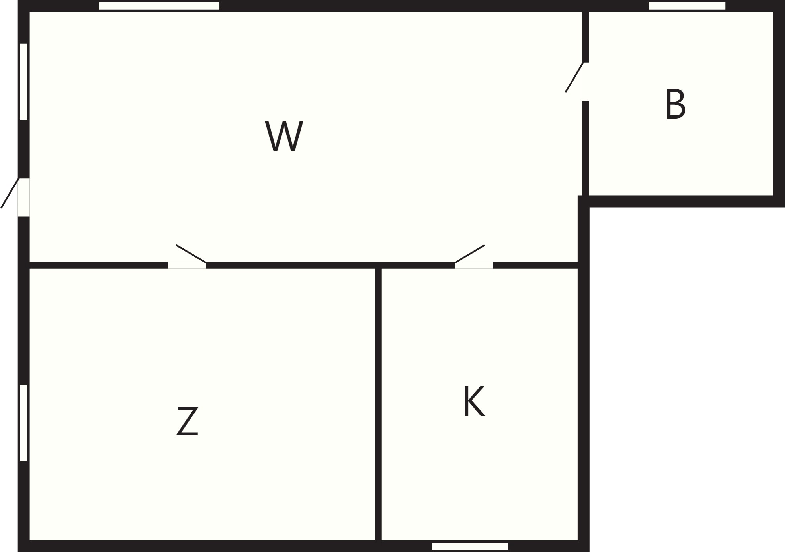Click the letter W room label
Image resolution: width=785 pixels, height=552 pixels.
click(284, 136)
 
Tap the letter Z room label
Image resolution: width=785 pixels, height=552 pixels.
click(187, 421)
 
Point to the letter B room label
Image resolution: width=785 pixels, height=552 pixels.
click(676, 104)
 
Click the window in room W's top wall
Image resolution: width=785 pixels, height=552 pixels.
click(159, 6)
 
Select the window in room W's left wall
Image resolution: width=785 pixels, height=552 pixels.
click(24, 81)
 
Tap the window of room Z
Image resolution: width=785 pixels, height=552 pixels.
click(24, 423)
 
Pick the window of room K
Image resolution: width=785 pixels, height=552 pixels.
click(470, 546)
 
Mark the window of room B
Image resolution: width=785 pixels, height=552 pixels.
click(687, 6)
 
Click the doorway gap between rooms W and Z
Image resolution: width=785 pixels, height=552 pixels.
click(187, 265)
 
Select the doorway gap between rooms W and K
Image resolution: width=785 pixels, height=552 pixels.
click(474, 265)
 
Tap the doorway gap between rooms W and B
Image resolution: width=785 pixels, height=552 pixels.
click(586, 82)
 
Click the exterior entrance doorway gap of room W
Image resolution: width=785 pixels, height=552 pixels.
click(24, 197)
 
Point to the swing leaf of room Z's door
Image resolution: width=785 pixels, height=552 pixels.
click(191, 254)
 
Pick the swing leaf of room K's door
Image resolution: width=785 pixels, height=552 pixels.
click(470, 254)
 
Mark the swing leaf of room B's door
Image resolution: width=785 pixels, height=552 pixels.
click(574, 77)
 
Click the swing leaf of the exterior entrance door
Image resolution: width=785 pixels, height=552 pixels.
click(10, 193)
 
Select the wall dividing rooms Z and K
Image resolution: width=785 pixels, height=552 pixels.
click(378, 404)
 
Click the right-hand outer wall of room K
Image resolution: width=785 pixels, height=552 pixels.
click(584, 373)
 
